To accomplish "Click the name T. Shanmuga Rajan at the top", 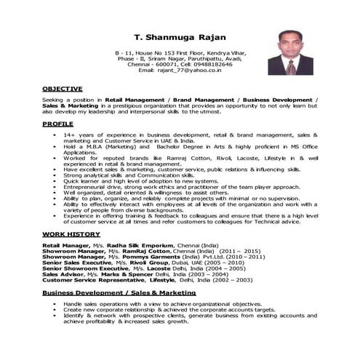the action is point(180,36).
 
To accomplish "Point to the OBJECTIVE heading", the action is point(62,88).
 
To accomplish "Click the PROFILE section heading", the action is point(57,124).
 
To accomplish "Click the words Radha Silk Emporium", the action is point(132,246).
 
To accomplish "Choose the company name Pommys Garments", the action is point(145,257).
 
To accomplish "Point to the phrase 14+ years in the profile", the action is point(78,135).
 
